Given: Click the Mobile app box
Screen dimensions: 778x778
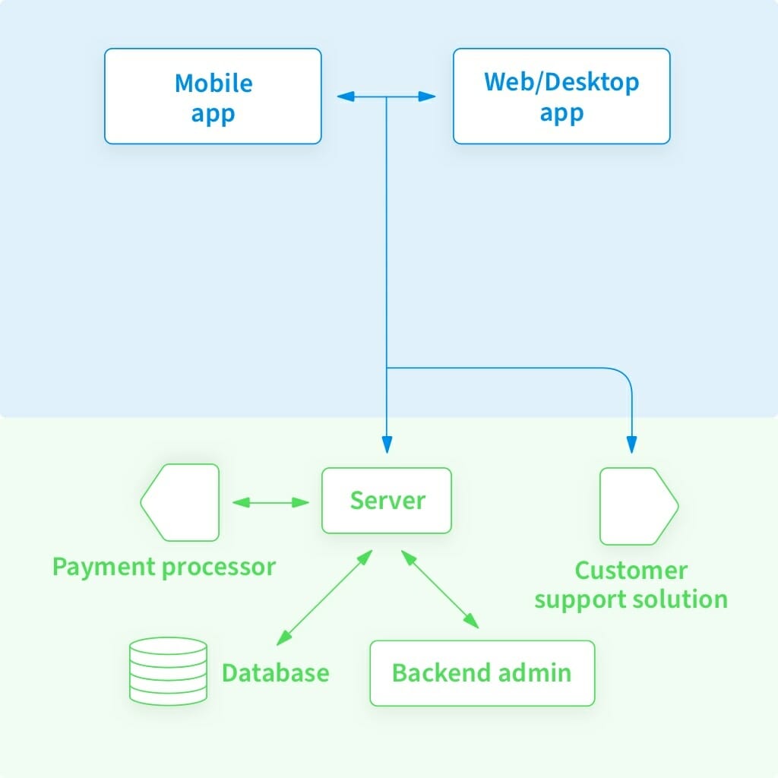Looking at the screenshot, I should click(213, 96).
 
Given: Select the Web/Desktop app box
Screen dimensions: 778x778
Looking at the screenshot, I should click(561, 96).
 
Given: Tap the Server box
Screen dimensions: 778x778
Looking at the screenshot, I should click(387, 501).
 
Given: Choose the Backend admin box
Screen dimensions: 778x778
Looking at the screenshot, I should click(482, 673).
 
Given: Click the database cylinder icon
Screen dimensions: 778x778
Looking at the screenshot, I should click(168, 669).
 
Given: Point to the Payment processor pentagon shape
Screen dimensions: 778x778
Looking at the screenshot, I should click(180, 502).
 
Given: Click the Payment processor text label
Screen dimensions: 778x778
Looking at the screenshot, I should click(163, 567).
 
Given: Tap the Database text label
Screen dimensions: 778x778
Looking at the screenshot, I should click(275, 673).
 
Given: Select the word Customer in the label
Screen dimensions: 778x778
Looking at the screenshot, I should click(631, 571).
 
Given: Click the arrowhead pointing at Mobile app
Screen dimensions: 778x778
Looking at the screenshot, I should click(345, 96).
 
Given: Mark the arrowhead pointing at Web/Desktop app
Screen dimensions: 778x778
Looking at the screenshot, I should click(428, 96).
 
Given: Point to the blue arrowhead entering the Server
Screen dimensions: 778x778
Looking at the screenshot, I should click(387, 445).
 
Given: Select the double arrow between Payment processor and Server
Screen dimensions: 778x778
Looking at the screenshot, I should click(270, 502).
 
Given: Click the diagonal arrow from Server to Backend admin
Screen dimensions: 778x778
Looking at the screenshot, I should click(441, 590).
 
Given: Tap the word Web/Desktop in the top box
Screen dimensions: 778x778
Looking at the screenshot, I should click(561, 82).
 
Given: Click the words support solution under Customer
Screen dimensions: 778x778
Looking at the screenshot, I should click(631, 599).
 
